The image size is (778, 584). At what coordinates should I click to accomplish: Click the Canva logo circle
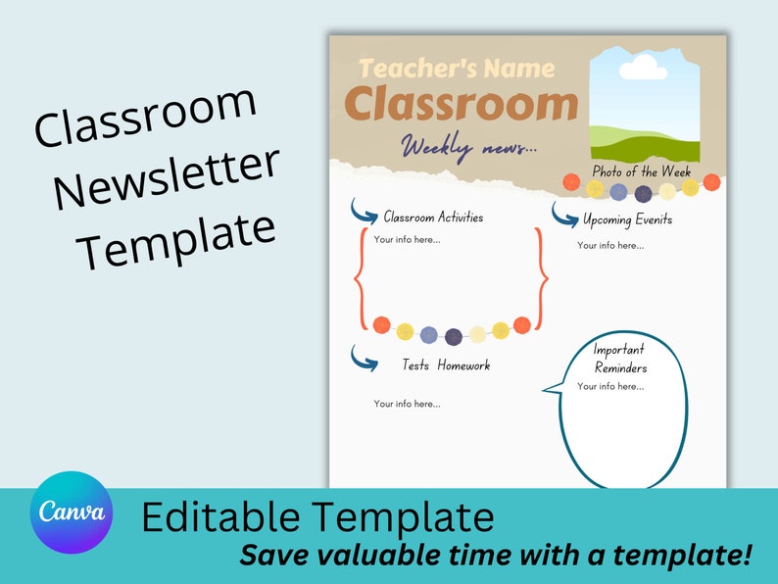(x=71, y=512)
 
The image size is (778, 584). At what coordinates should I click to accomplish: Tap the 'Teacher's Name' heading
(x=457, y=69)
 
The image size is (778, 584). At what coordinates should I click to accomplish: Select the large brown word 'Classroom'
(x=462, y=104)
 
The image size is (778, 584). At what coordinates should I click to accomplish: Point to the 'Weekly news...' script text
(x=468, y=148)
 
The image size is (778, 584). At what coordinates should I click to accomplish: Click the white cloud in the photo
(x=643, y=68)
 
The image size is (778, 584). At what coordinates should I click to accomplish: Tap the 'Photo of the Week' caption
(x=641, y=171)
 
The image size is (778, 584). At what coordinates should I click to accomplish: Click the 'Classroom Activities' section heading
(x=433, y=218)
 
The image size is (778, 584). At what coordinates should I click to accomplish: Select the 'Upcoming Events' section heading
(x=627, y=219)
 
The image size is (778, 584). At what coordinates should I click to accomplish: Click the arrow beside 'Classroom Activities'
(x=364, y=212)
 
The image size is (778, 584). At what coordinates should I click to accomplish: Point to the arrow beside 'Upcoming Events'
(x=564, y=214)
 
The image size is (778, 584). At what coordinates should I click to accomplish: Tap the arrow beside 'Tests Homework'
(x=365, y=359)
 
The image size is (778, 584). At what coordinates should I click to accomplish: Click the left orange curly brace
(x=359, y=278)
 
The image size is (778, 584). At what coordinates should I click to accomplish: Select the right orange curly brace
(x=541, y=278)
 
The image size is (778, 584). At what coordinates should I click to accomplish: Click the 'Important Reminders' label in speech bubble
(x=620, y=359)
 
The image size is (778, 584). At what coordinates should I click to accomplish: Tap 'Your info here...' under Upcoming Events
(x=610, y=245)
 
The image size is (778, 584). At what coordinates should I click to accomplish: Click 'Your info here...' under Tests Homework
(x=407, y=404)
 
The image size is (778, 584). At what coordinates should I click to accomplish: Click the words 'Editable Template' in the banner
(x=317, y=516)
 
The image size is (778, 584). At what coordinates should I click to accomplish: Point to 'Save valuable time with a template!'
(x=496, y=556)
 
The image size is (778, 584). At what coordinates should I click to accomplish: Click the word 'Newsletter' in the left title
(x=167, y=180)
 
